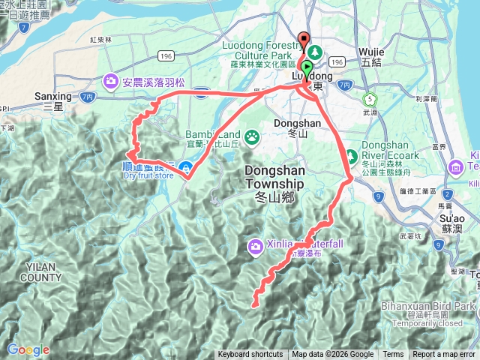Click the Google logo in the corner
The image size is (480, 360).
28,349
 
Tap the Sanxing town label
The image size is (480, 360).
52,97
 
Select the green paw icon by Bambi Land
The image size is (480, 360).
253,136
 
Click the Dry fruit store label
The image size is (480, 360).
148,176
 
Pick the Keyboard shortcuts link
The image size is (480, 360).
250,355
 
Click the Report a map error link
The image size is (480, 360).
444,355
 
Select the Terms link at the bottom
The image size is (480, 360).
393,355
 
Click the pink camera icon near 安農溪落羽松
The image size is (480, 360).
111,80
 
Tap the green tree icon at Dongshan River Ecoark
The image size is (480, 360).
351,157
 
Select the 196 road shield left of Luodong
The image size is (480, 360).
166,56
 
